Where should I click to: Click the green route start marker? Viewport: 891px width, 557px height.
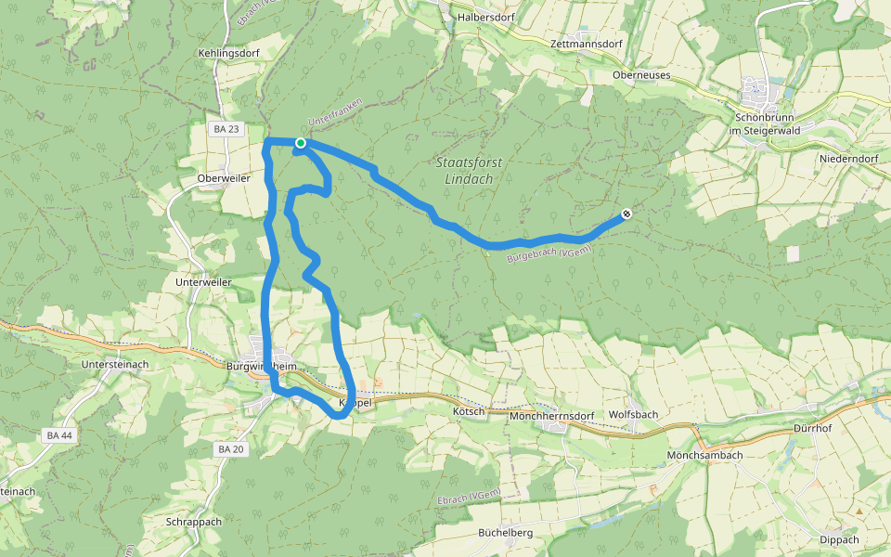click(301, 142)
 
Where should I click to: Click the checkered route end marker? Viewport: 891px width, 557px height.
click(626, 214)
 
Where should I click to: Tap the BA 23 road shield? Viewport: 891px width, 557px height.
click(226, 129)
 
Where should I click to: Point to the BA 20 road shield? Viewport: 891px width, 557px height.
click(229, 449)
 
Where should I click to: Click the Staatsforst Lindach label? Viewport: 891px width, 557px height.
click(469, 170)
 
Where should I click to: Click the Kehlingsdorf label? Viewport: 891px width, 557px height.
click(228, 54)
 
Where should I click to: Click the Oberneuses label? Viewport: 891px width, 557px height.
click(641, 74)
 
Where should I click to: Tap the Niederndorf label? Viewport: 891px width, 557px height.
click(848, 159)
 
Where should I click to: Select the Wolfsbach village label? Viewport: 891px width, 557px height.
click(633, 415)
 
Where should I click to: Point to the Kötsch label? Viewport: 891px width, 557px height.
click(469, 410)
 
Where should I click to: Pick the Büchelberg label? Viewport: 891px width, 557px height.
click(505, 533)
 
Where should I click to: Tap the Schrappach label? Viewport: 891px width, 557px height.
click(194, 522)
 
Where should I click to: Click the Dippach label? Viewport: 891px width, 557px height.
click(839, 539)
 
